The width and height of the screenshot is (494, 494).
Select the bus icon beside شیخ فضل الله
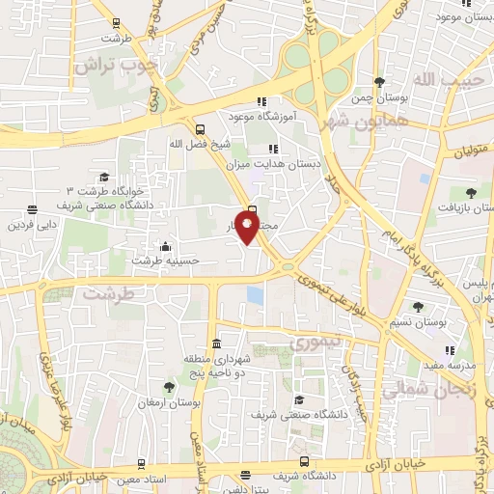[x=200, y=128]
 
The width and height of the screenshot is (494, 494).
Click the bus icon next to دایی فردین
[x=34, y=209]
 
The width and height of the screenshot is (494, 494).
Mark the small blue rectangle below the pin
[x=255, y=293]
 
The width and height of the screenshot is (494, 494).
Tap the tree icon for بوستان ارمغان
[x=169, y=387]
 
